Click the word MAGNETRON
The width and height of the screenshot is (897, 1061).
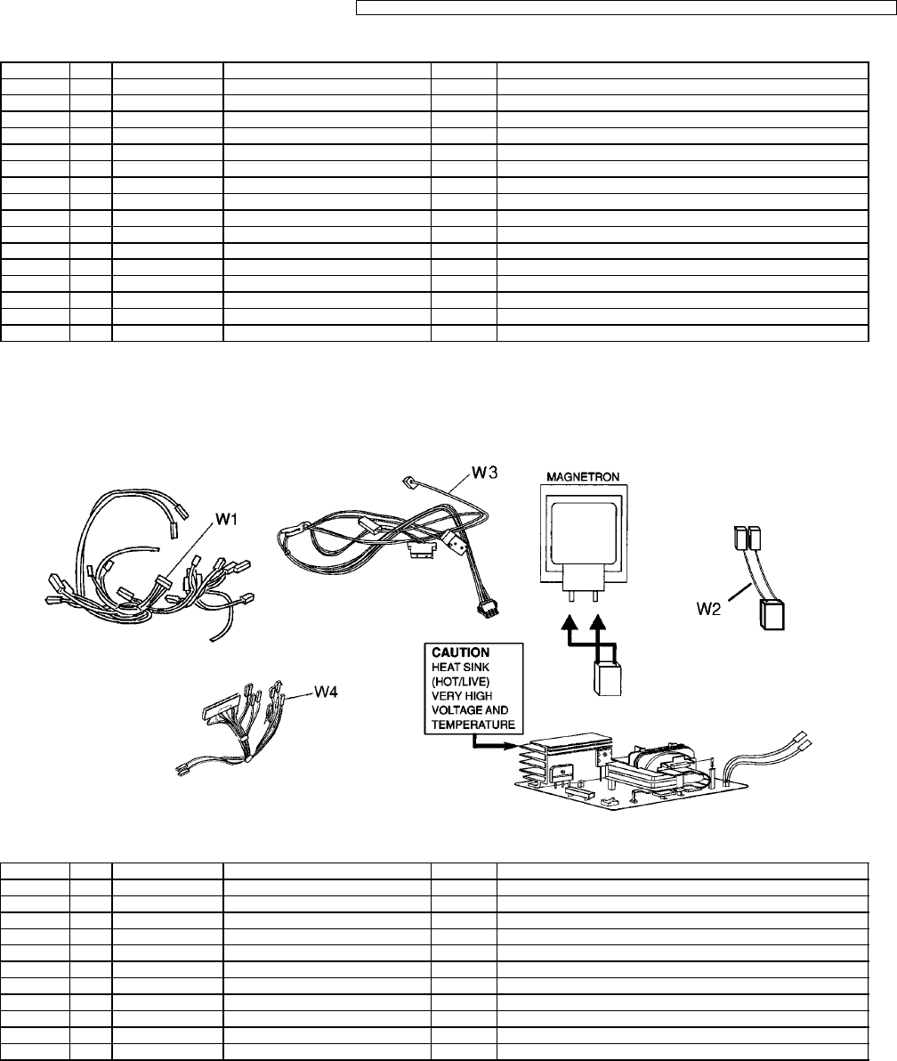point(583,476)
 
